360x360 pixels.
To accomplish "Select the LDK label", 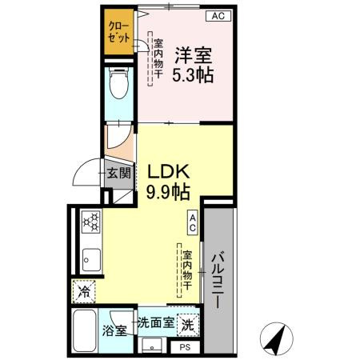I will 167,171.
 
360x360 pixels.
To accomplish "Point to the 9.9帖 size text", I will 167,193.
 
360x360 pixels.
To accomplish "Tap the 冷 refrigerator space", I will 84,292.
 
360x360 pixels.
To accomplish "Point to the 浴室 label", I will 113,330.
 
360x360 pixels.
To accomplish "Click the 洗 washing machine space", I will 186,325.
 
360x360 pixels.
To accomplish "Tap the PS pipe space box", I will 185,347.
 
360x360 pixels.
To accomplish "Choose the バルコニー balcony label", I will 218,281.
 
